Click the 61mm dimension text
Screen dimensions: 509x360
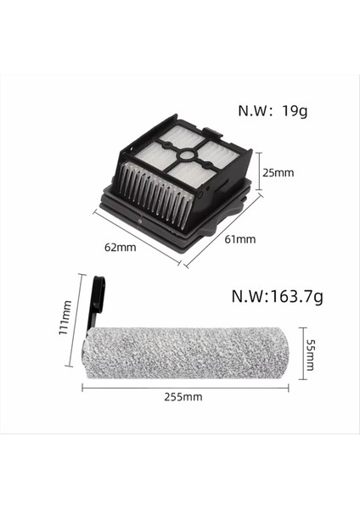pyautogui.click(x=240, y=239)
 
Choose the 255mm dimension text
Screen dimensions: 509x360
pyautogui.click(x=184, y=395)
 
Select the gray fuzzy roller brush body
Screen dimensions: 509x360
pyautogui.click(x=187, y=348)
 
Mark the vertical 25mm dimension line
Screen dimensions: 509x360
pyautogui.click(x=260, y=172)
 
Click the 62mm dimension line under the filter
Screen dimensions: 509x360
pyautogui.click(x=136, y=237)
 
